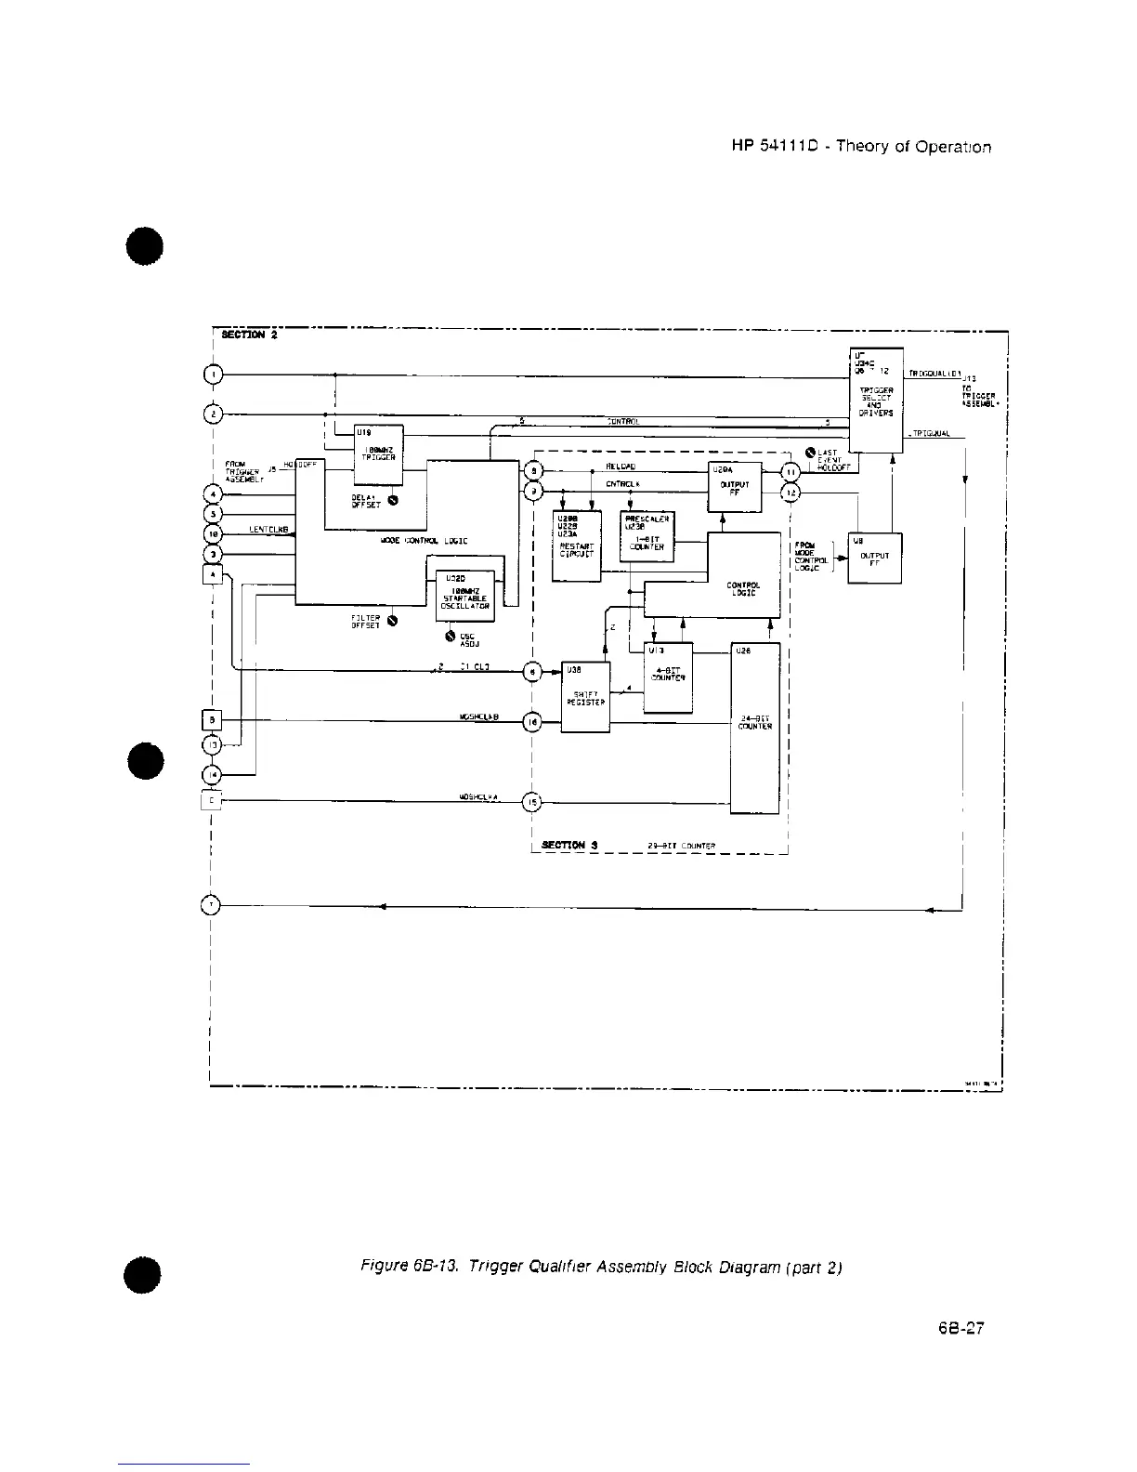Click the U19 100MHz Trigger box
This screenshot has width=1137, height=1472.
click(379, 454)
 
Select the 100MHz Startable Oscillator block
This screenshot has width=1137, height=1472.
click(464, 595)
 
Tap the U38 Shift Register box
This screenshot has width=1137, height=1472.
click(585, 697)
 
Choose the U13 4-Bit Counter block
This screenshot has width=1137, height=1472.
click(668, 677)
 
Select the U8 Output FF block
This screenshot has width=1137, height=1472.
click(874, 558)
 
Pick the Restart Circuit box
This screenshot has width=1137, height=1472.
click(576, 546)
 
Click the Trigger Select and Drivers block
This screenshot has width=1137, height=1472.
click(876, 400)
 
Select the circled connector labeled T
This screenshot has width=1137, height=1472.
click(212, 904)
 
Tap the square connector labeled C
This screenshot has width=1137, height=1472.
click(212, 799)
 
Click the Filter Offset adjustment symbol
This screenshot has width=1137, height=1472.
click(393, 621)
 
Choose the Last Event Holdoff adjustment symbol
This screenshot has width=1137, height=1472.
click(809, 453)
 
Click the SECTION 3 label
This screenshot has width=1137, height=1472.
click(568, 845)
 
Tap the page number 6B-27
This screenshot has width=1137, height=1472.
click(961, 1328)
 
